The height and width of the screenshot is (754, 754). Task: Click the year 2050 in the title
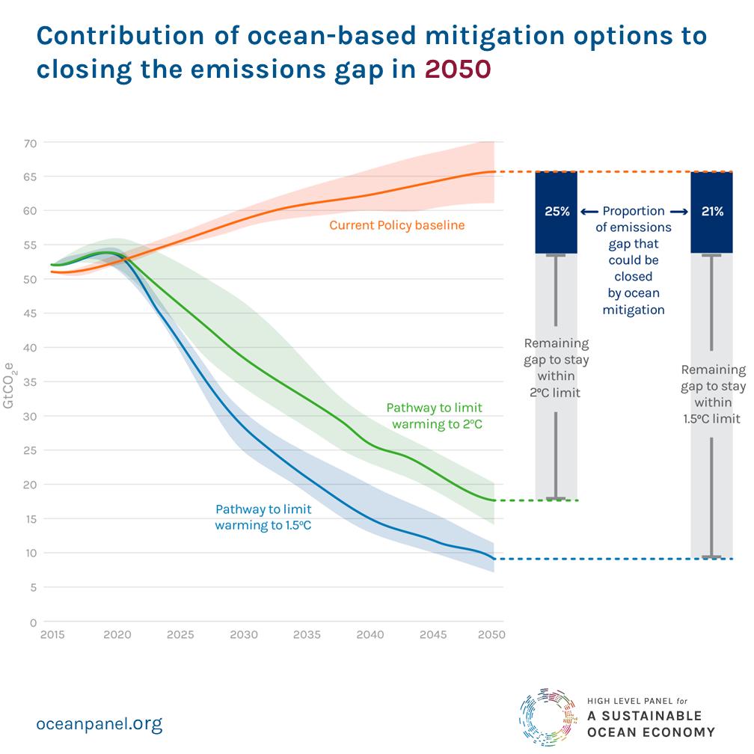point(458,69)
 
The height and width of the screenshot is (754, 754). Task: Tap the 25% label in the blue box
point(557,212)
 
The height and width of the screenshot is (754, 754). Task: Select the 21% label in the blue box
point(712,212)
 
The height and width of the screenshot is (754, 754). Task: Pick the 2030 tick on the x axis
point(244,635)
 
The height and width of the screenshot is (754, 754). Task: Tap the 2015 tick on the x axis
point(52,635)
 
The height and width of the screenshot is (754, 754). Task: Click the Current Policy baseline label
point(396,224)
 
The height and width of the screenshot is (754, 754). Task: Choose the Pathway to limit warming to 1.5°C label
point(263,518)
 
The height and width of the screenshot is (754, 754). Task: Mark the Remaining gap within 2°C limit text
point(557,367)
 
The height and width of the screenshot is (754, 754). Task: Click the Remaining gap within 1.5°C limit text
point(713,393)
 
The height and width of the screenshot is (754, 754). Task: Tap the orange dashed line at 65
point(516,172)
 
